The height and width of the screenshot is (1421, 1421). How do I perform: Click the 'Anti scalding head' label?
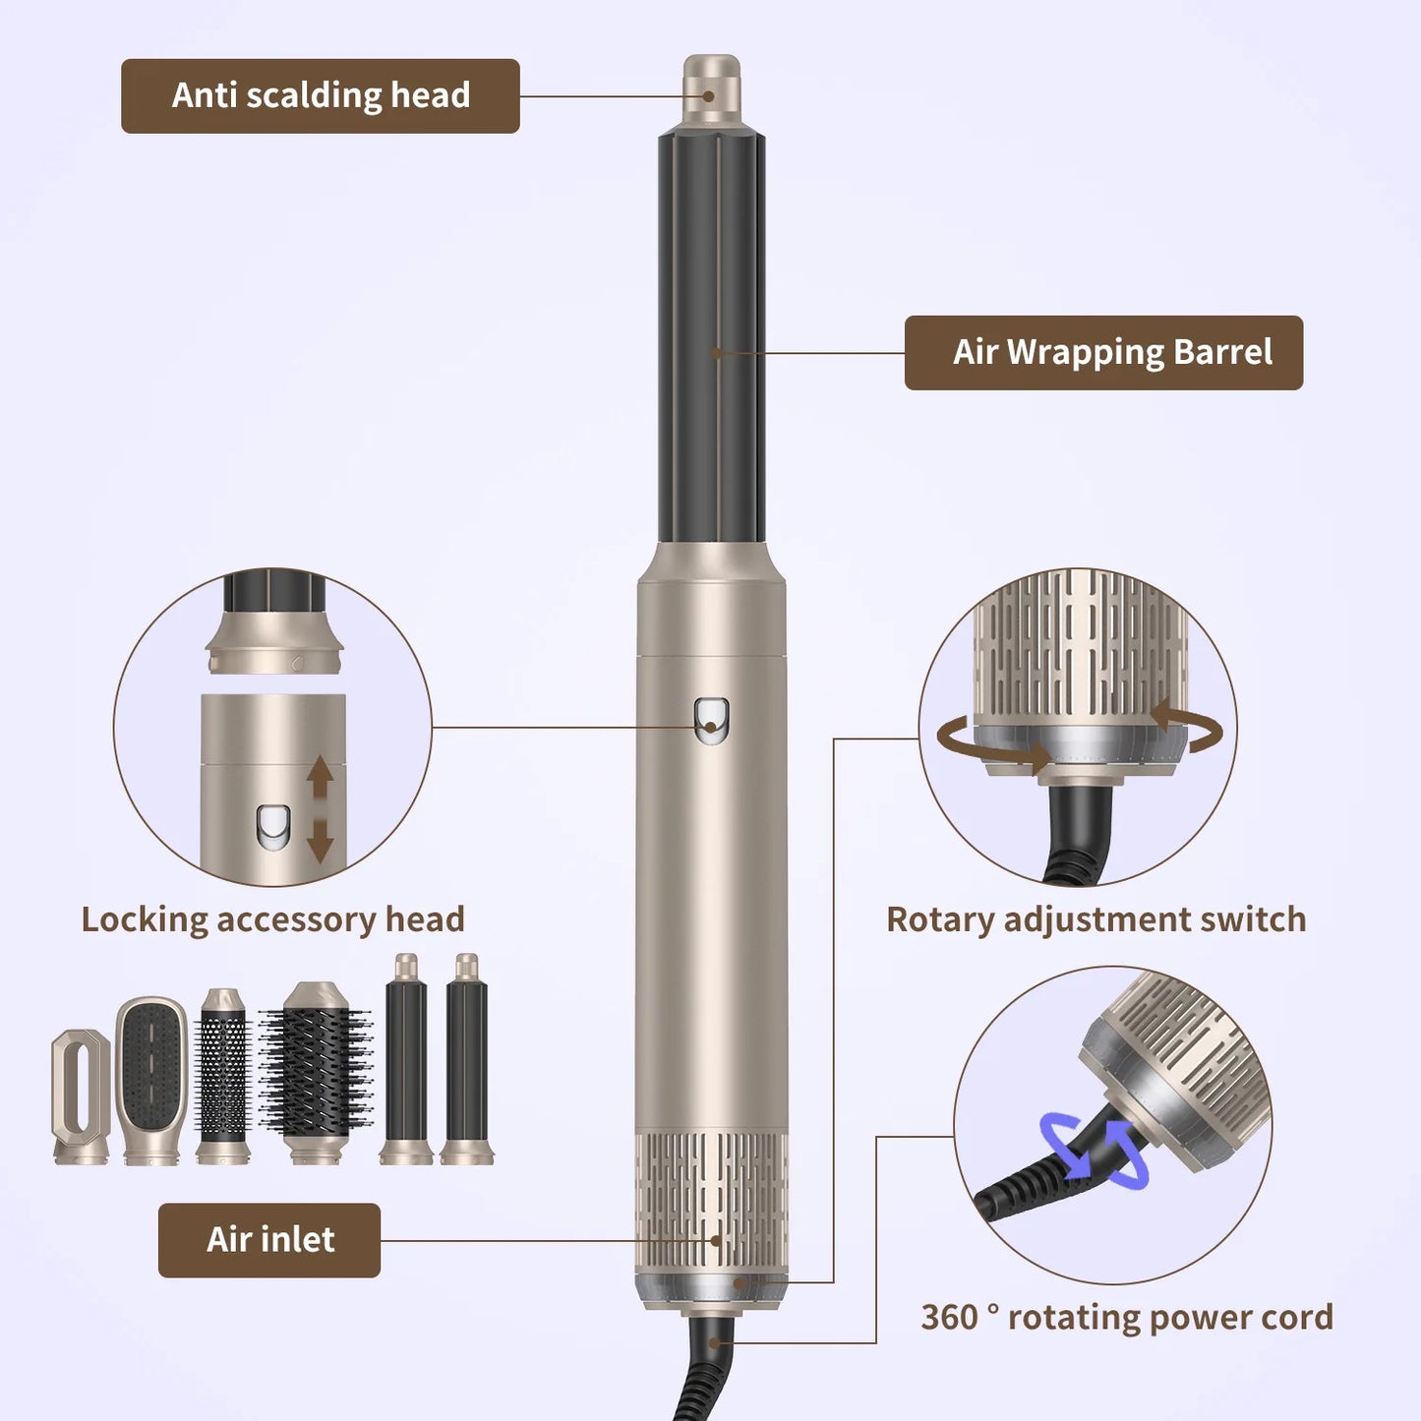click(320, 95)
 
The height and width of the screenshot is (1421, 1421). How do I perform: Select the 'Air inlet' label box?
click(269, 1240)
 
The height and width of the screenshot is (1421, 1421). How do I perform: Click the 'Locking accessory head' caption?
click(272, 919)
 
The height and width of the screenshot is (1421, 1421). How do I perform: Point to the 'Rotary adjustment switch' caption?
click(1095, 919)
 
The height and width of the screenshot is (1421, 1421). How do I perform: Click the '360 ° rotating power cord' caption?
click(1126, 1317)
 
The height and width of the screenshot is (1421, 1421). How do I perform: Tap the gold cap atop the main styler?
click(712, 89)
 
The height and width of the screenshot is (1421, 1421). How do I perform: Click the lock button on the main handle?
click(711, 720)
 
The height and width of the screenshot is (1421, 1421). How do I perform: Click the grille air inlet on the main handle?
click(712, 1200)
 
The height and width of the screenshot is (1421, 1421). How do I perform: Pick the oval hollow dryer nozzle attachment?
click(81, 1096)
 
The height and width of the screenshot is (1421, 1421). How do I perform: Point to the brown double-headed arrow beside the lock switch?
click(321, 809)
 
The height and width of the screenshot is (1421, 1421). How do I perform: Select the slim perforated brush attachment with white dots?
click(223, 1077)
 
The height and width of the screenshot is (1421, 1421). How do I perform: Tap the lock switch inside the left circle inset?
click(273, 826)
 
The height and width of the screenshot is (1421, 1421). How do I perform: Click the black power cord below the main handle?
click(707, 1372)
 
